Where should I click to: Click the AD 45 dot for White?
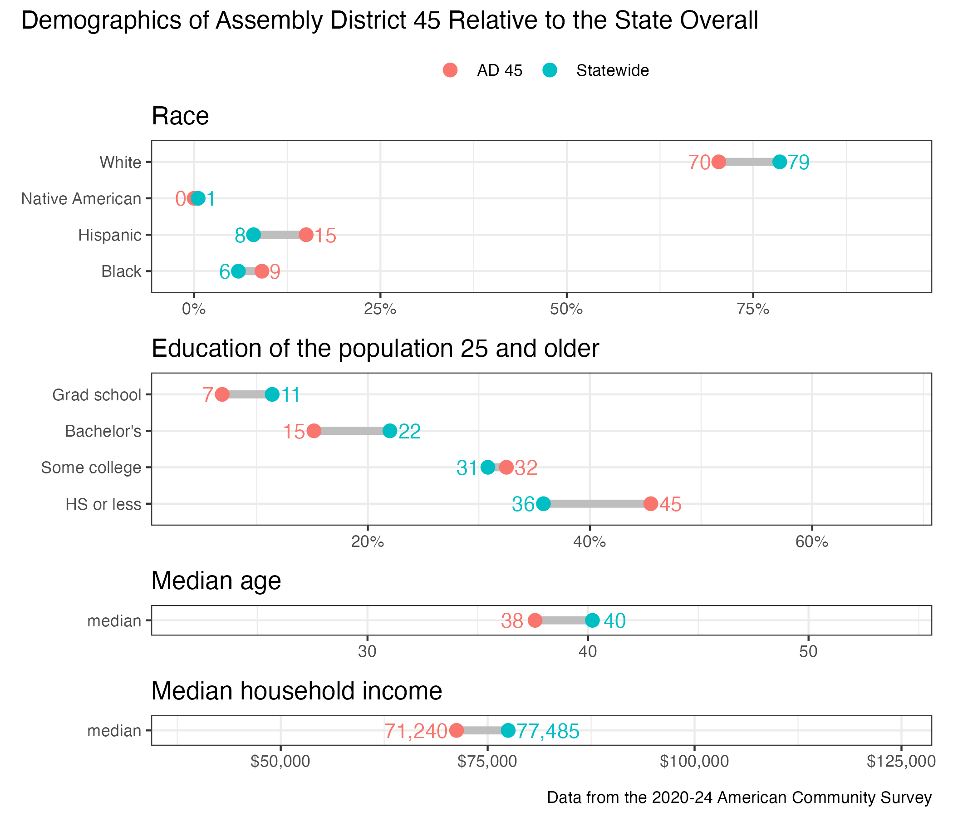click(718, 162)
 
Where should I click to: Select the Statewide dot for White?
click(780, 162)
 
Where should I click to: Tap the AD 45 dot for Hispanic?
click(306, 235)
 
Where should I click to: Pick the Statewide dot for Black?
click(238, 271)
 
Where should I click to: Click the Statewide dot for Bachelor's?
click(390, 431)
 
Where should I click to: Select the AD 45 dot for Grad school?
click(222, 395)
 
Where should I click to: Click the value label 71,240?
click(416, 731)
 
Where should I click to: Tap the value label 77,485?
click(548, 731)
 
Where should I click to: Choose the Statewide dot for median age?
click(592, 620)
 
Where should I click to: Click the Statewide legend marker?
click(550, 70)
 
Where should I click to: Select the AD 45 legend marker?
click(450, 70)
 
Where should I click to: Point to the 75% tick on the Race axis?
click(753, 310)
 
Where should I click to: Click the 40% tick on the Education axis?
click(589, 542)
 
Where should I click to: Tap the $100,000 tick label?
click(694, 762)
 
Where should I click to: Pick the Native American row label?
click(81, 199)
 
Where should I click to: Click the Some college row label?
click(91, 468)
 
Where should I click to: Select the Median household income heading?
click(297, 691)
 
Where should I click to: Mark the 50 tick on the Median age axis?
click(808, 652)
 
